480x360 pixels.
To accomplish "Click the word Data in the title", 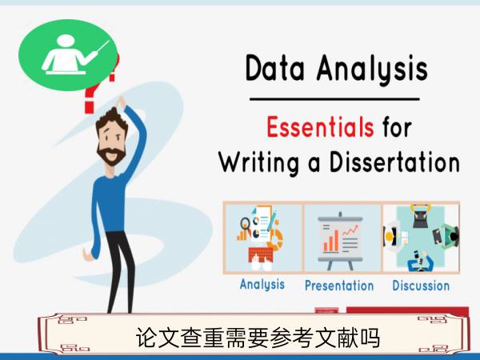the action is click(275, 68).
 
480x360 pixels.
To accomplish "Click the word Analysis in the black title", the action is click(372, 69).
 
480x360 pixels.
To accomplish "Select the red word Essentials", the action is click(320, 126).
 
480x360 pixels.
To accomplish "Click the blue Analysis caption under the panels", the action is click(262, 285).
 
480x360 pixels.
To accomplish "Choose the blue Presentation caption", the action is click(339, 286).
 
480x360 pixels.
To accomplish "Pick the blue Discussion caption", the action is click(421, 286).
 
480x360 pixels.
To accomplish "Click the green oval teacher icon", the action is click(68, 55).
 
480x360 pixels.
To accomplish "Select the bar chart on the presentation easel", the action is click(331, 241).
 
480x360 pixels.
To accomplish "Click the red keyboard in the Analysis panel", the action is click(261, 255).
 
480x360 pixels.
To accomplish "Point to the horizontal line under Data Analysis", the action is click(334, 99).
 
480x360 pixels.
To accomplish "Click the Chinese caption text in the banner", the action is click(258, 338).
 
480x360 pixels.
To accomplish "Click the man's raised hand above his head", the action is click(121, 102).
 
